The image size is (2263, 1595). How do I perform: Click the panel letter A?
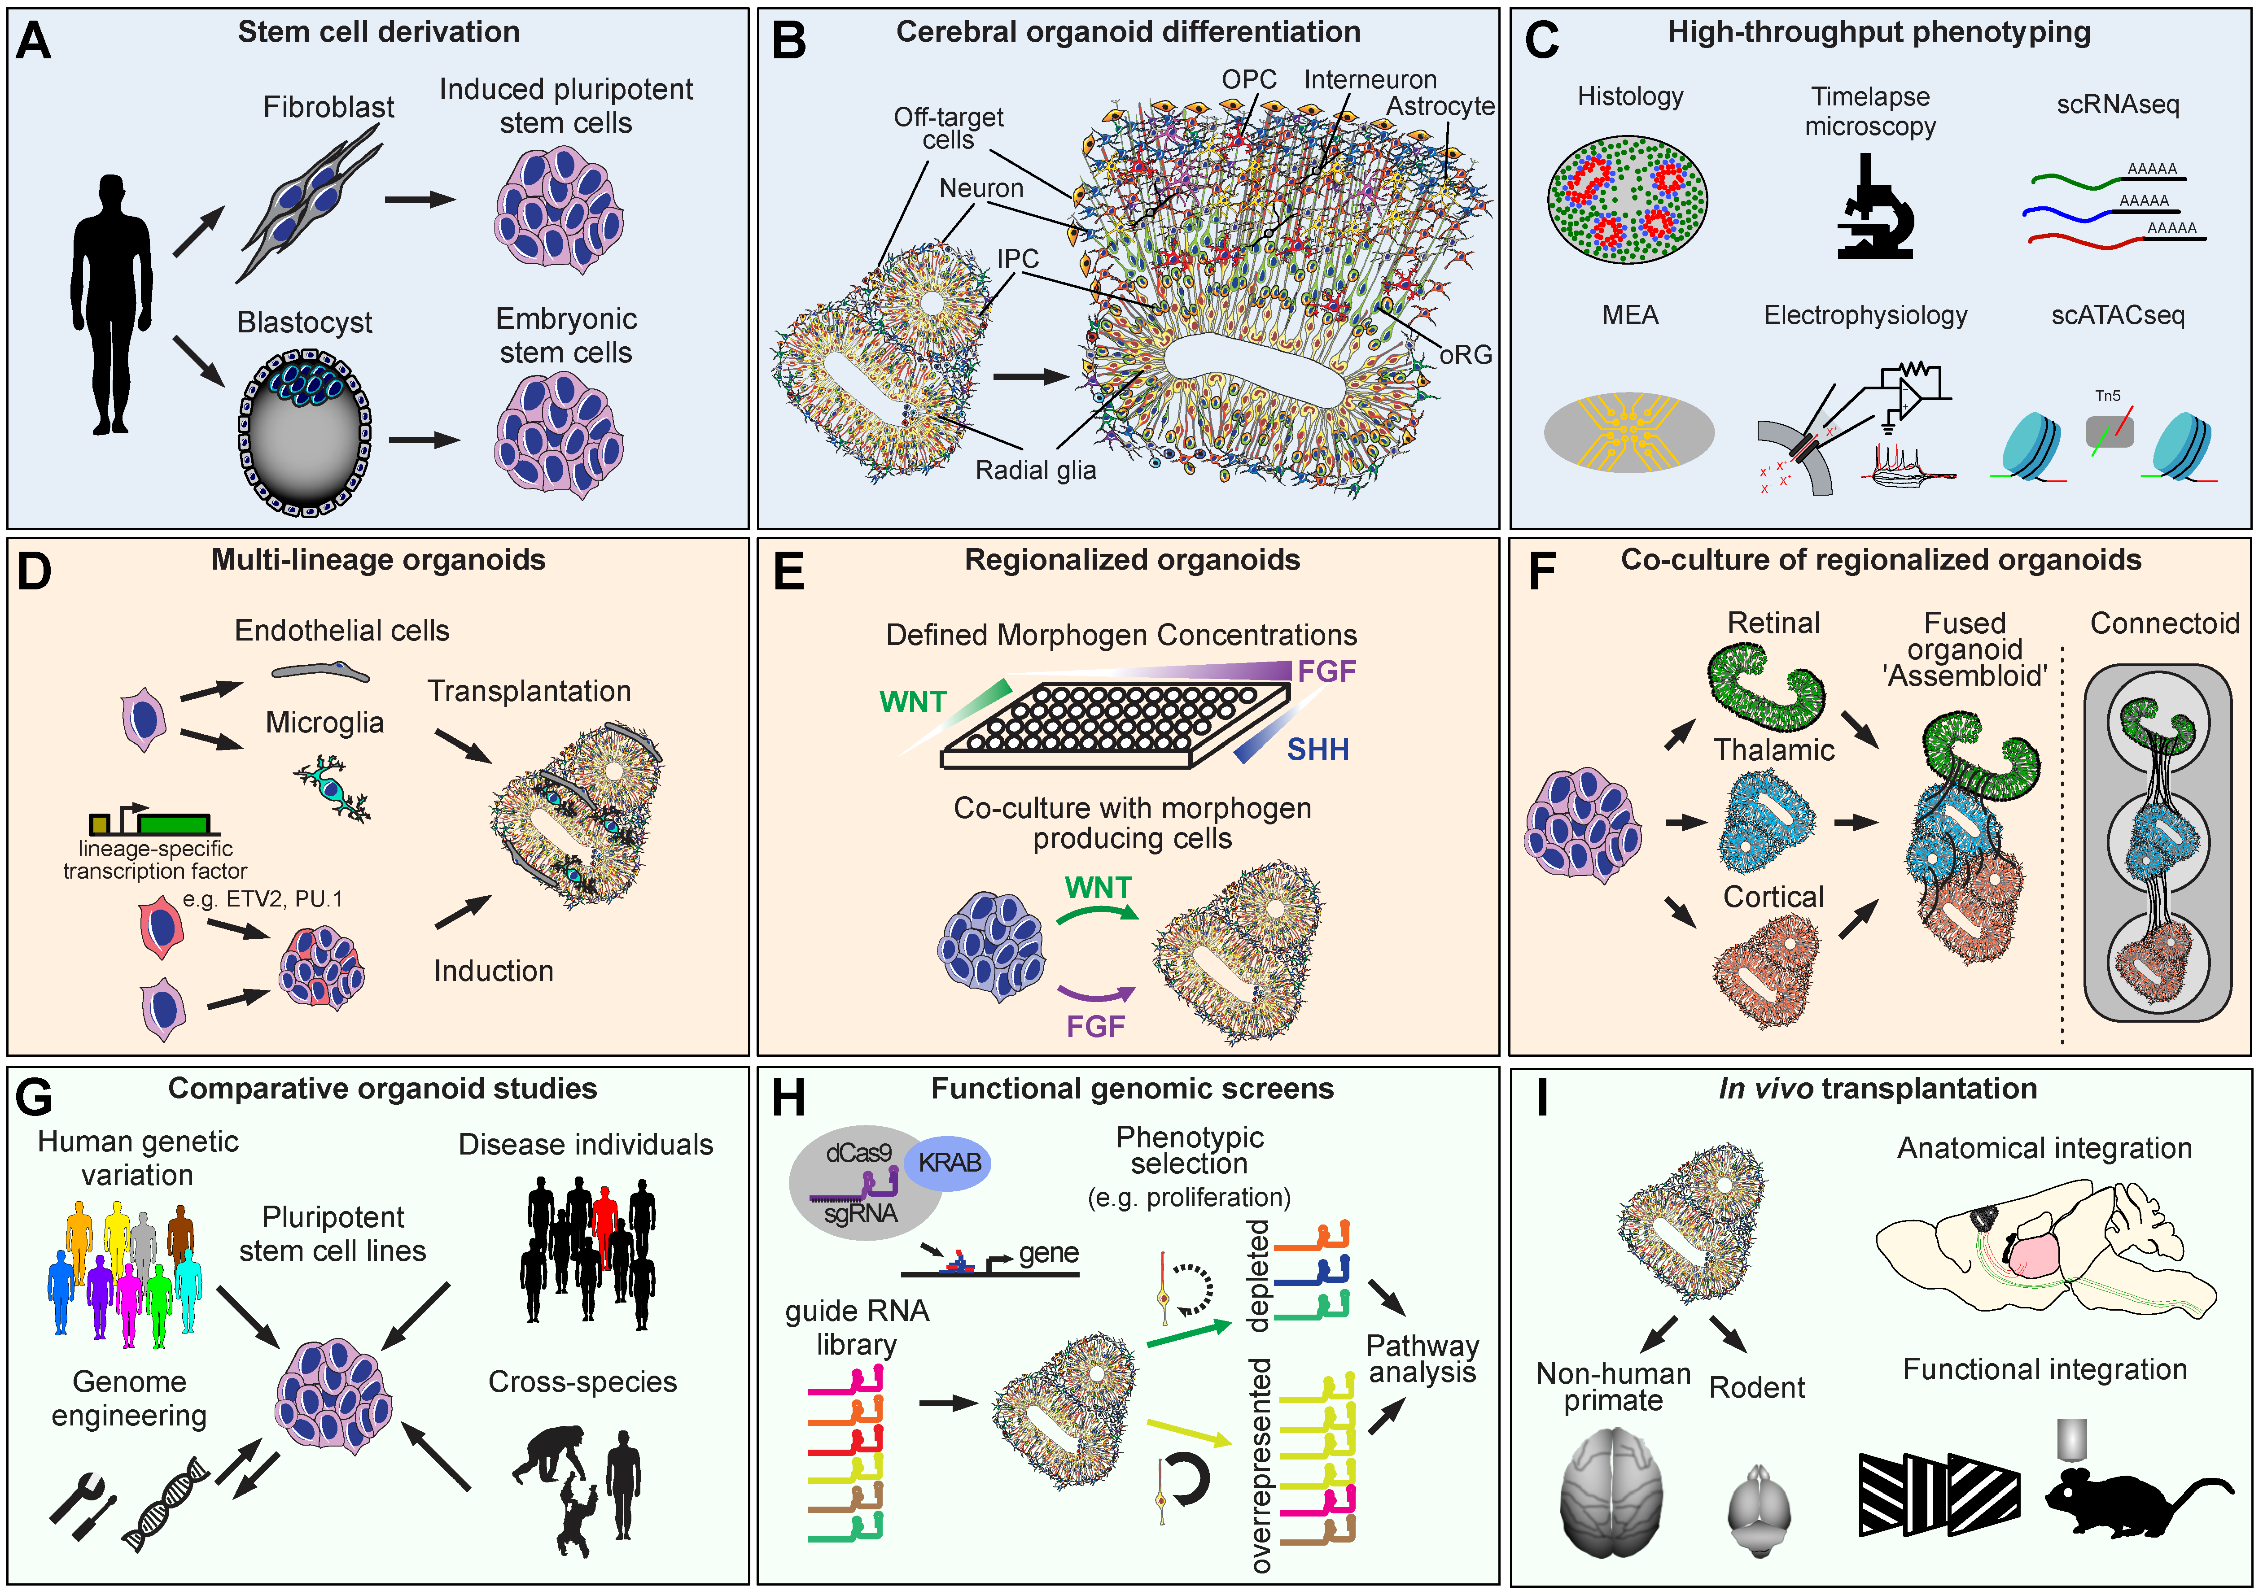34,41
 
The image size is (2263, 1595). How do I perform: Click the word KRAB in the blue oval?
949,1163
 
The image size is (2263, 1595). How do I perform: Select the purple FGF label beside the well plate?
1326,672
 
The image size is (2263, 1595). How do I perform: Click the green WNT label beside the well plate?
913,702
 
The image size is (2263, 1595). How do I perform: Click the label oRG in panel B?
1466,355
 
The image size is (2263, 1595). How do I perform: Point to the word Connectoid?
2164,623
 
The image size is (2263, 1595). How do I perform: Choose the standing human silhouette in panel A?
111,305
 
